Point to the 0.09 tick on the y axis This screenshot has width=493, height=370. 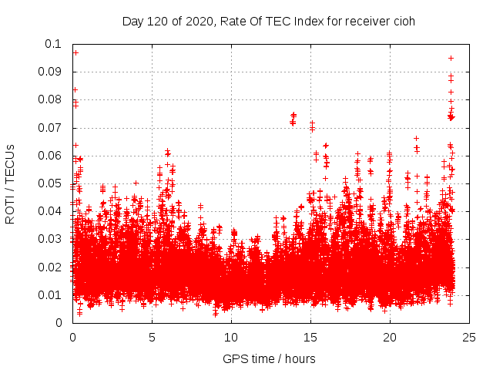(x=52, y=72)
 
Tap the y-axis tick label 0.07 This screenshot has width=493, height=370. (x=52, y=127)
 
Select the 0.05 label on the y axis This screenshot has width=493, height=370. (x=52, y=183)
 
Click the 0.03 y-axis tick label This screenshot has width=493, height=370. (x=52, y=239)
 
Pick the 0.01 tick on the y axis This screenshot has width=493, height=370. (x=52, y=295)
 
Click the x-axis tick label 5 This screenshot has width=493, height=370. (x=152, y=337)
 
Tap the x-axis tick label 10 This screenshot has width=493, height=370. (x=231, y=337)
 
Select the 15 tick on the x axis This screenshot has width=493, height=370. (x=310, y=337)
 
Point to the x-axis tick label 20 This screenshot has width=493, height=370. (x=390, y=337)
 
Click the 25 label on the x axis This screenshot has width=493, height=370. (x=469, y=337)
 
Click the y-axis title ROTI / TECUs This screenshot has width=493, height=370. (x=10, y=183)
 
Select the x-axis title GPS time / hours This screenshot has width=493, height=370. (x=270, y=358)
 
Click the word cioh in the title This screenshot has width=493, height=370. (x=404, y=21)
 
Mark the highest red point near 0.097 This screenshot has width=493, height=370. (x=75, y=52)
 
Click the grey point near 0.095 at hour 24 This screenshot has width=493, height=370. (x=451, y=58)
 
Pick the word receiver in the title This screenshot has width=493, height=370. (x=367, y=21)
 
